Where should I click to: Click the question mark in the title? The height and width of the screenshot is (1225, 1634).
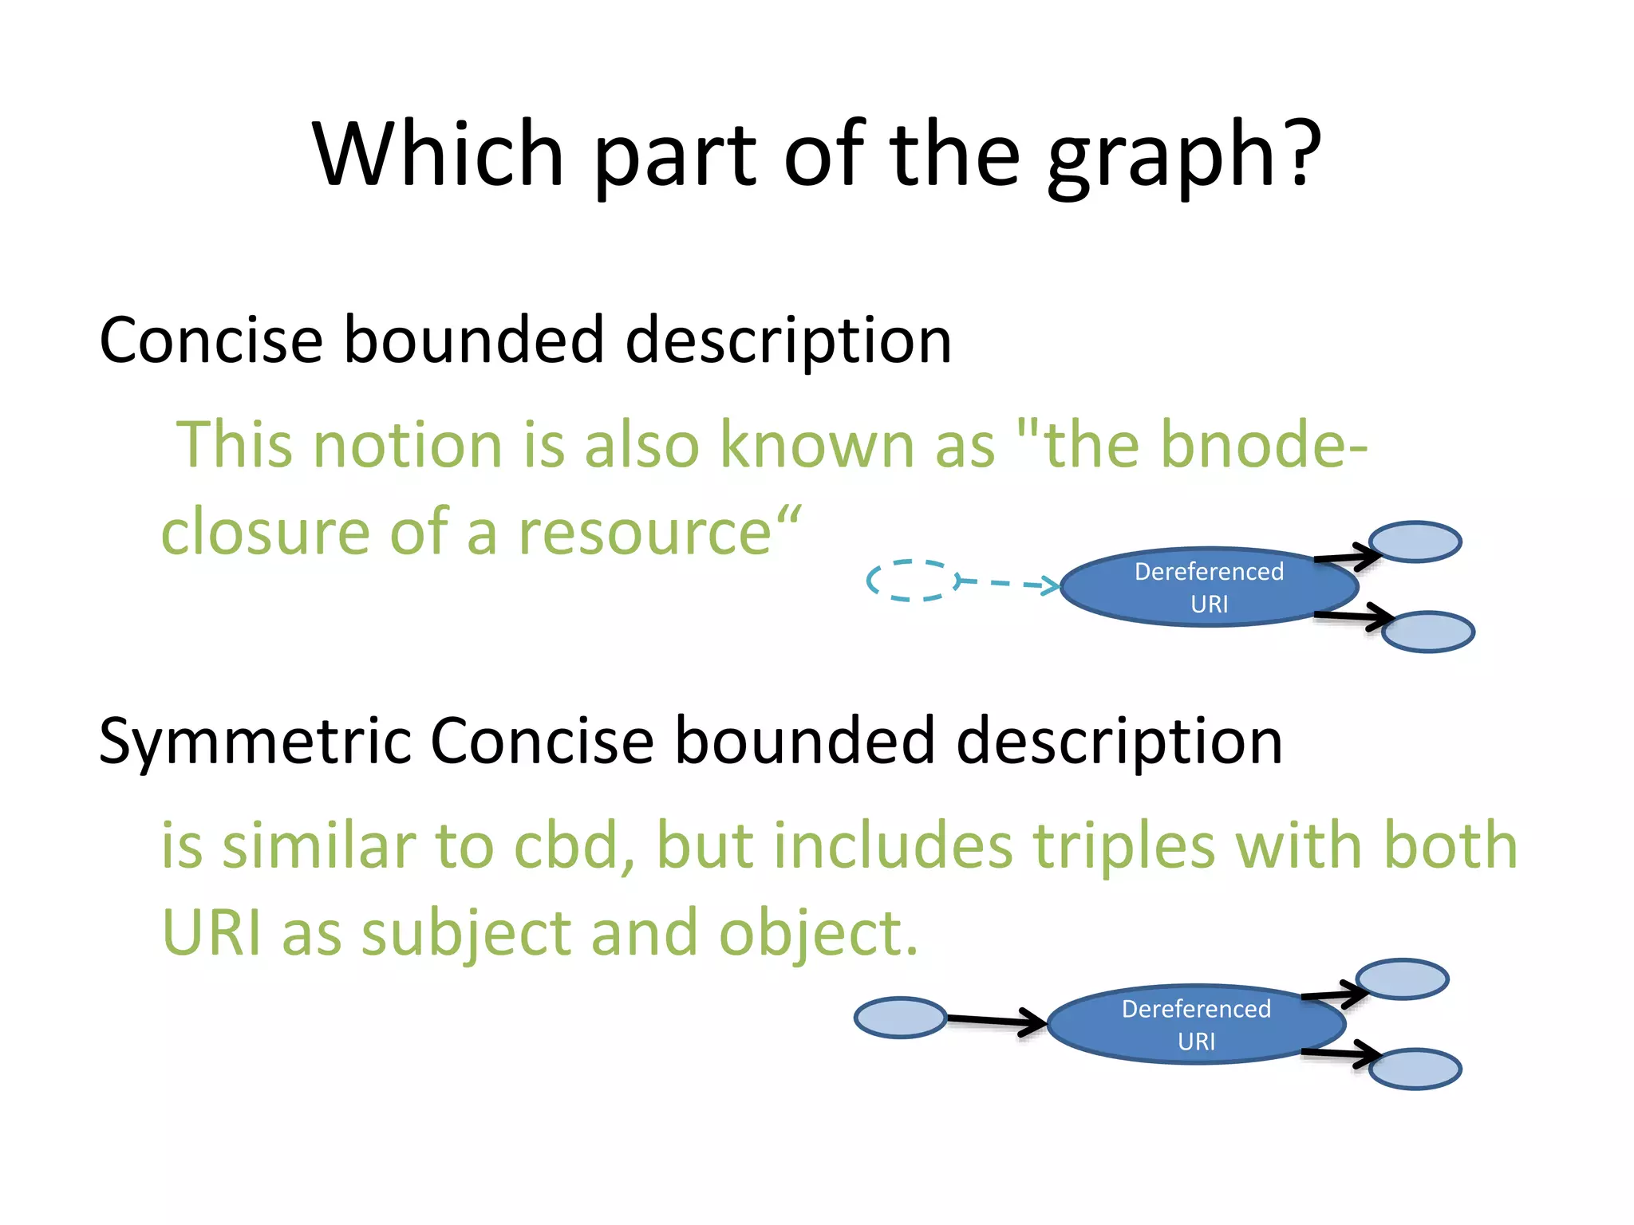pyautogui.click(x=1299, y=152)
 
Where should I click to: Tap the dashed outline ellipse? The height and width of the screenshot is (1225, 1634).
pyautogui.click(x=914, y=581)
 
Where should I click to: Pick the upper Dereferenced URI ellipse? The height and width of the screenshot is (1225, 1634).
pyautogui.click(x=1209, y=588)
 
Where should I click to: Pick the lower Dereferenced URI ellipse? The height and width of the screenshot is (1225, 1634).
pyautogui.click(x=1196, y=1025)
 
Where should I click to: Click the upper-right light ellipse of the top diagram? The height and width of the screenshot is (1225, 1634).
pyautogui.click(x=1415, y=542)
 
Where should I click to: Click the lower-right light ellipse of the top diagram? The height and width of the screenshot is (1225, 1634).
pyautogui.click(x=1428, y=632)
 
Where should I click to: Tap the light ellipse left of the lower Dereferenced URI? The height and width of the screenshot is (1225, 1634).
pyautogui.click(x=900, y=1018)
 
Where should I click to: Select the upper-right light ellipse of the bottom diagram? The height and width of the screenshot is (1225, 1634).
pyautogui.click(x=1403, y=979)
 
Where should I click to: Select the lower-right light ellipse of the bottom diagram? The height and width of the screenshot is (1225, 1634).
pyautogui.click(x=1415, y=1069)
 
